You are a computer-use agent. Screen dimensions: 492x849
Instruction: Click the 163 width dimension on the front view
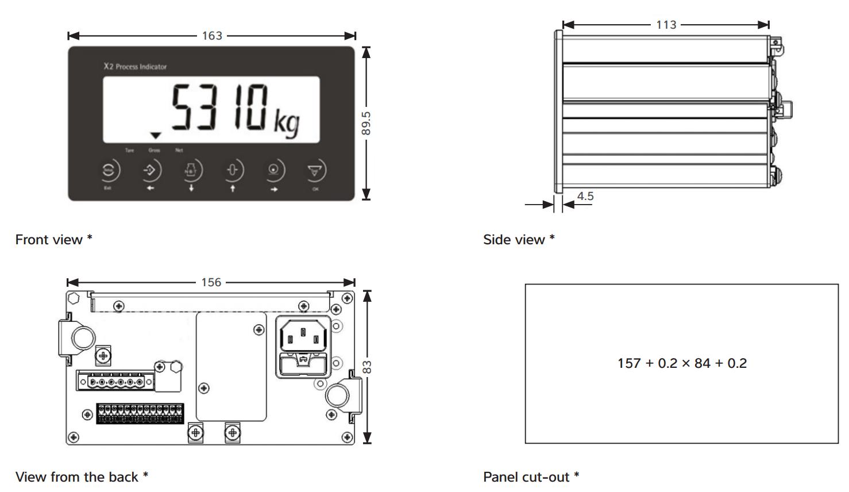pos(212,36)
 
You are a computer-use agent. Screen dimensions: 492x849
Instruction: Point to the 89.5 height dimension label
pos(366,123)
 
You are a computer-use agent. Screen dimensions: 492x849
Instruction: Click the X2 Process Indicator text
pos(135,67)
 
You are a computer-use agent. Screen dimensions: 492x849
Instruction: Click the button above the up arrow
pos(233,170)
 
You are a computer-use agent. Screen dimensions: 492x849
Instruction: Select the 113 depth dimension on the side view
pos(666,25)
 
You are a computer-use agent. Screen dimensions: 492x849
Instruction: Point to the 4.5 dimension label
pos(585,196)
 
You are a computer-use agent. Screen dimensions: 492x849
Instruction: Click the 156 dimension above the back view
pos(211,282)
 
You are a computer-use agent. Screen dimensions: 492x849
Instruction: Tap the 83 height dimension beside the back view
pos(367,367)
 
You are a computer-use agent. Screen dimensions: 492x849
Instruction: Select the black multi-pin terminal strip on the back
pos(140,414)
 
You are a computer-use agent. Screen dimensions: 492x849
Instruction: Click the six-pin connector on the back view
pos(115,381)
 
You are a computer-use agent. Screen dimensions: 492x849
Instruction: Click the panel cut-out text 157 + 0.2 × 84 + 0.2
pos(682,363)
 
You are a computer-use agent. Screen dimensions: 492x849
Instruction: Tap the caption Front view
pos(53,240)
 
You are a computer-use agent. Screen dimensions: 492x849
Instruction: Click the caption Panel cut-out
pos(531,477)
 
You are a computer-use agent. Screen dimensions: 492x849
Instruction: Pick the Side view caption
pos(519,240)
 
